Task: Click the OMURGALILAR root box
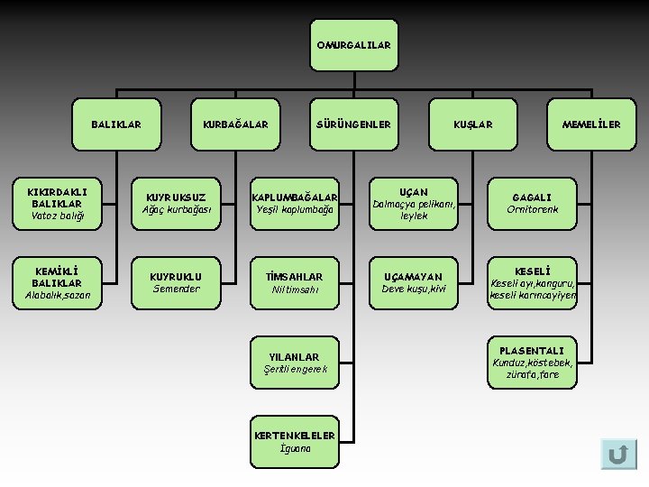point(353,45)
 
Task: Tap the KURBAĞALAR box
point(235,124)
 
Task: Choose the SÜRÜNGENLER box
point(353,124)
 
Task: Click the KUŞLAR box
point(473,124)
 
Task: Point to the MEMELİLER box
point(591,124)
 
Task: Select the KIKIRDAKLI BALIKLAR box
point(56,204)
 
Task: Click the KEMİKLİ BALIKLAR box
point(56,282)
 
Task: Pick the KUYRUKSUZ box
point(176,204)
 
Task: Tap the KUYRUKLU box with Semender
point(176,282)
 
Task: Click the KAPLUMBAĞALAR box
point(295,204)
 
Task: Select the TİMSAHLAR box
point(295,282)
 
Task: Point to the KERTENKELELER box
point(295,441)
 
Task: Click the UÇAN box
point(414,204)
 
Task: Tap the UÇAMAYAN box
point(414,282)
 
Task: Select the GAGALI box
point(532,204)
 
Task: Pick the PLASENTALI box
point(532,362)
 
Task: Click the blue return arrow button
point(618,454)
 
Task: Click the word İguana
point(295,448)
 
